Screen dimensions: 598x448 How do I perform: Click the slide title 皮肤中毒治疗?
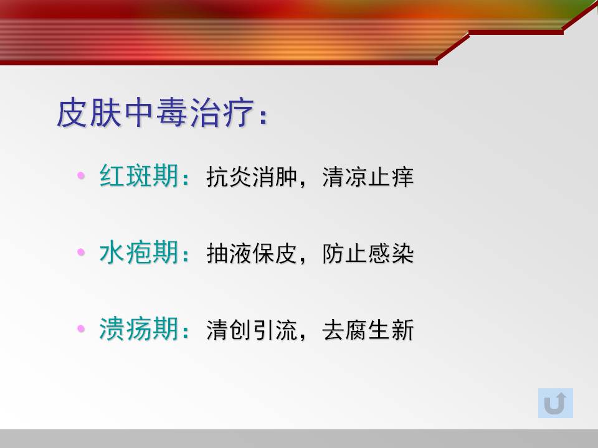pos(156,113)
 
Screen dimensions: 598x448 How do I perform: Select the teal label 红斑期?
pos(139,175)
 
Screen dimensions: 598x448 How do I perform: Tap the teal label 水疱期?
pos(139,252)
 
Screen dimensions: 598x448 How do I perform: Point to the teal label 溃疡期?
pos(139,329)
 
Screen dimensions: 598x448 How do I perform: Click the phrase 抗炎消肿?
pos(252,177)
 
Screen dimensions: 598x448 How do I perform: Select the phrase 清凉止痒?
pos(368,177)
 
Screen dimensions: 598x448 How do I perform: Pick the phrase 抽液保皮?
pos(252,253)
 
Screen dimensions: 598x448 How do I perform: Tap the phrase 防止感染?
pos(368,253)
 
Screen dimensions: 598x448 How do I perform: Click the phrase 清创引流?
pos(252,330)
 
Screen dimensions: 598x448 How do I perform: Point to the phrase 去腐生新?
pos(368,330)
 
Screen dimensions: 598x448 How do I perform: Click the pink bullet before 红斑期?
pos(81,175)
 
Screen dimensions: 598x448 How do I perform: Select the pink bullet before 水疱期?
pos(81,252)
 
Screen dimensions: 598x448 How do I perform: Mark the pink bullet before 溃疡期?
pos(81,329)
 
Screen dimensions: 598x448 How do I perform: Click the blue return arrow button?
pos(555,403)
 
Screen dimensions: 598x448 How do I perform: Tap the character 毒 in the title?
pos(172,113)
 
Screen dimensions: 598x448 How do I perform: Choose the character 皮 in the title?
pos(72,113)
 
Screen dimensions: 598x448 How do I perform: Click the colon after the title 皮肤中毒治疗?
pos(263,116)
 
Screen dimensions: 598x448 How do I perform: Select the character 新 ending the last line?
pos(403,330)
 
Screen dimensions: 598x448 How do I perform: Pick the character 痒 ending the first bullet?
pos(403,177)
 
